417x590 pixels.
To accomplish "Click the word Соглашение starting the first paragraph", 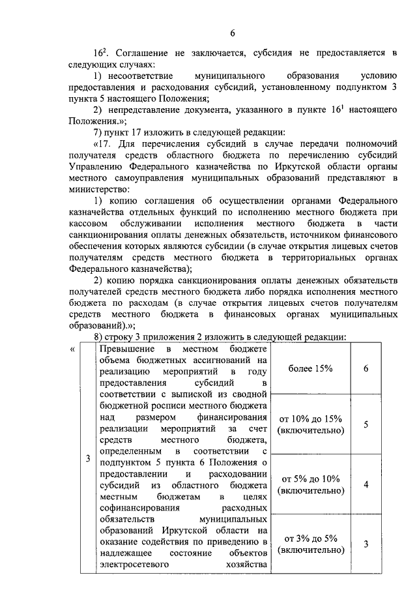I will pos(142,53).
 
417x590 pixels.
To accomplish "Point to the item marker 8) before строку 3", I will pos(100,336).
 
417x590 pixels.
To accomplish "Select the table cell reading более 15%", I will pos(310,368).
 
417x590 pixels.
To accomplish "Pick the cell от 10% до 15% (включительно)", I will pos(310,424).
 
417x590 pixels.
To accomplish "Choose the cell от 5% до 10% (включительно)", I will pos(310,484).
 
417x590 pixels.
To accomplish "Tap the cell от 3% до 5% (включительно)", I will pos(310,544).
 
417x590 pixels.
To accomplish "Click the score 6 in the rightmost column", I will pos(366,368).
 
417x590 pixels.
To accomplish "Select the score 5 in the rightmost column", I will pos(366,424).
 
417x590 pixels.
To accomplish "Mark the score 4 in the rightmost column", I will pos(366,484).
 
